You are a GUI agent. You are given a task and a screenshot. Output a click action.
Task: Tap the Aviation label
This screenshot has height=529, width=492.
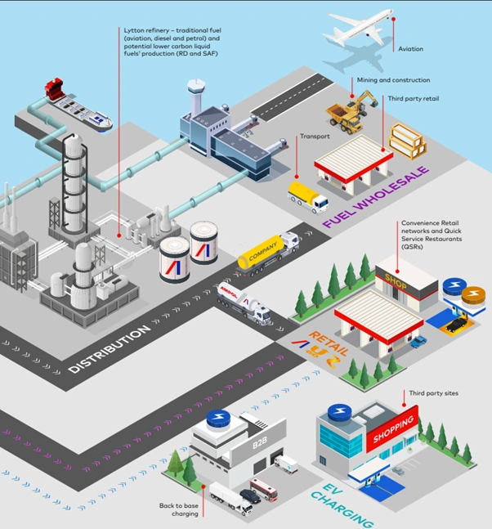coord(410,49)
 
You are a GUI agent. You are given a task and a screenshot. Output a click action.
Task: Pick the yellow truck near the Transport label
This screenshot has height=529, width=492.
coord(307,196)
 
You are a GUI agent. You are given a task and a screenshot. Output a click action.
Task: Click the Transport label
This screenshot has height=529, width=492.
coord(314,137)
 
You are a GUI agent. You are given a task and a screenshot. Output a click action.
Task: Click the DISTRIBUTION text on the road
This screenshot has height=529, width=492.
coord(110,348)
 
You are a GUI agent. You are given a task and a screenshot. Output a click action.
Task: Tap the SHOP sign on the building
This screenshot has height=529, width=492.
coord(396,276)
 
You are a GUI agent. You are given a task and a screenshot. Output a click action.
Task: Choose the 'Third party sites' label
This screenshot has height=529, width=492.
coord(434,393)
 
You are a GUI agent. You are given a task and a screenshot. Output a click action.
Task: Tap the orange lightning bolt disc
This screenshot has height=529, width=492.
coord(472,295)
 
